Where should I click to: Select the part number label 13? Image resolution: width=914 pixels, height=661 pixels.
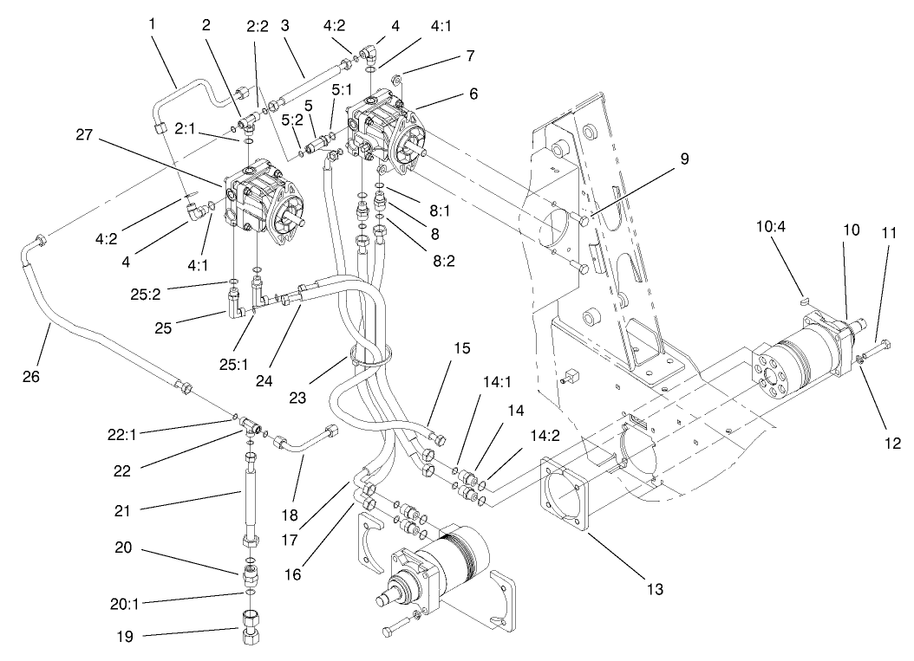(x=654, y=588)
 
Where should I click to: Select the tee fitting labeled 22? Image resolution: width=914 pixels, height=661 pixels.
(x=251, y=424)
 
